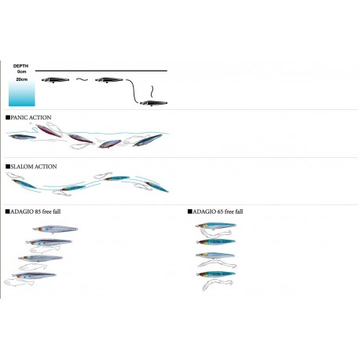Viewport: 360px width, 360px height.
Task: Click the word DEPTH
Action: coord(20,66)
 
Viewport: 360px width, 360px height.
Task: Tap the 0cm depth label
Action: coord(22,72)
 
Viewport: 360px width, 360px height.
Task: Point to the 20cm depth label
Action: coord(22,79)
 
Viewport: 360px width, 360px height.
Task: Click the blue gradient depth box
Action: coord(22,93)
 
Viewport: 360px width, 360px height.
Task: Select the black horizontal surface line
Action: coord(101,71)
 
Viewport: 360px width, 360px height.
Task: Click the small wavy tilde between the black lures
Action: coord(82,79)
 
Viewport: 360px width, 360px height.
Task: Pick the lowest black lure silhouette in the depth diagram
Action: coord(153,103)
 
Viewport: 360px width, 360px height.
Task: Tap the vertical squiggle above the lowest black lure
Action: coord(152,91)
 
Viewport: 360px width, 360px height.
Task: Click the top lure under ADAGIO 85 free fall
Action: coord(55,230)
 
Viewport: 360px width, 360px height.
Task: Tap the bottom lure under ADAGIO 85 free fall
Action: coord(34,276)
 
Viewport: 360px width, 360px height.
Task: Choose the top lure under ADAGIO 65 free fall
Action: coord(216,226)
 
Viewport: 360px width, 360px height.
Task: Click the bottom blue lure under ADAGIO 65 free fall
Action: coord(216,274)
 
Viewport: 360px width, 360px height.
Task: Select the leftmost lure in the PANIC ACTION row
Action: coord(22,137)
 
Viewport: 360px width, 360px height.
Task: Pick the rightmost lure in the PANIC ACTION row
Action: coord(148,140)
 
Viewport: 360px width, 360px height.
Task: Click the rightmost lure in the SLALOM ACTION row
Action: coord(156,186)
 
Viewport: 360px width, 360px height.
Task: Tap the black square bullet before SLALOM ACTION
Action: coord(8,167)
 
